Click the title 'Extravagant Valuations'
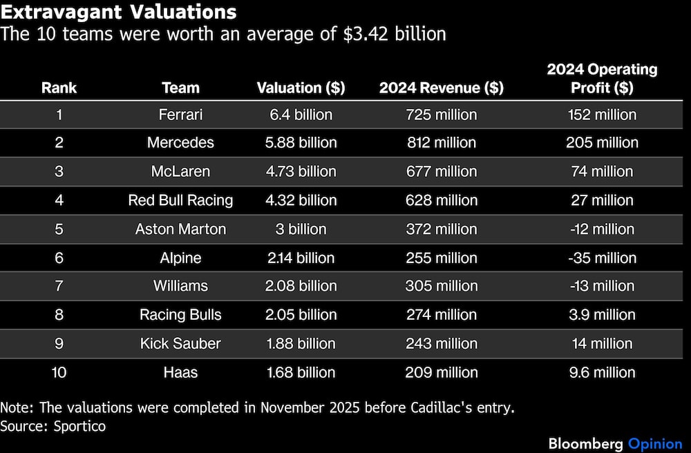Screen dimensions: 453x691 pyautogui.click(x=118, y=12)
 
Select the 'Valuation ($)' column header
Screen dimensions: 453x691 pyautogui.click(x=301, y=88)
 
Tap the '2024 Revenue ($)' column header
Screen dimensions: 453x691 pyautogui.click(x=441, y=88)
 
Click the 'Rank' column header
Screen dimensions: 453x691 pyautogui.click(x=59, y=88)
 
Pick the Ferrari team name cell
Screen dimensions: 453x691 pyautogui.click(x=180, y=115)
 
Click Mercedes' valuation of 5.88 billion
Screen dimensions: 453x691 pyautogui.click(x=301, y=143)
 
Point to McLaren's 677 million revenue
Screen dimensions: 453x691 pyautogui.click(x=441, y=171)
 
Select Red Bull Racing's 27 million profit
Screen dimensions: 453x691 pyautogui.click(x=602, y=200)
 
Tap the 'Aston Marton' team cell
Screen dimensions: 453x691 pyautogui.click(x=180, y=229)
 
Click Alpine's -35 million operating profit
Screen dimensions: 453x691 pyautogui.click(x=602, y=258)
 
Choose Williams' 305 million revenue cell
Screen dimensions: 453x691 pyautogui.click(x=441, y=286)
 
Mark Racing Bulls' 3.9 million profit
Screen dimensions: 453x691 pyautogui.click(x=602, y=315)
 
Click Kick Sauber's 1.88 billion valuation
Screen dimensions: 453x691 pyautogui.click(x=301, y=344)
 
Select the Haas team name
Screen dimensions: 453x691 pyautogui.click(x=180, y=373)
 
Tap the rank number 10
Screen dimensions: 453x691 pyautogui.click(x=59, y=373)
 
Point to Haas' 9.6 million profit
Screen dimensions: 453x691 pyautogui.click(x=602, y=373)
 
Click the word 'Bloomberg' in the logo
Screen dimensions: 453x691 pyautogui.click(x=585, y=443)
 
